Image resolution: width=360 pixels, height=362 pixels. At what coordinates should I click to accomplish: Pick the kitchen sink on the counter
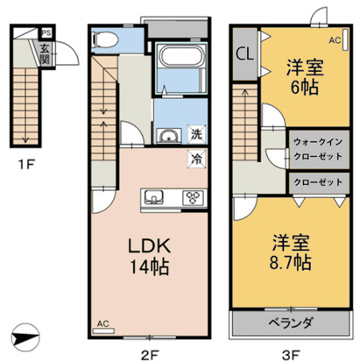tap(151, 195)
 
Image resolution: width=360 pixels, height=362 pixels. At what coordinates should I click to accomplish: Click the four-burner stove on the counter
tap(190, 196)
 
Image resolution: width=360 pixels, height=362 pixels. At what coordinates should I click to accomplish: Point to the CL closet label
tap(245, 52)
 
